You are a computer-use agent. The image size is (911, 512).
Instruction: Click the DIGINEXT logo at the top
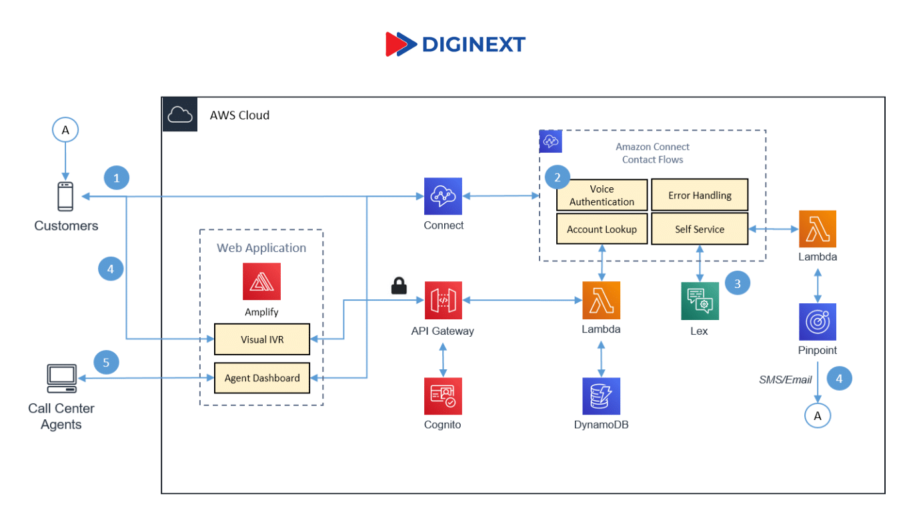pyautogui.click(x=455, y=44)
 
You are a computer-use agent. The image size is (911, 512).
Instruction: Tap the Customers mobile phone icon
pyautogui.click(x=65, y=197)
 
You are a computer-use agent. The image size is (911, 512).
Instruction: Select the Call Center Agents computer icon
pyautogui.click(x=61, y=378)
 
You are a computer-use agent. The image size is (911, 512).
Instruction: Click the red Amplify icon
pyautogui.click(x=261, y=281)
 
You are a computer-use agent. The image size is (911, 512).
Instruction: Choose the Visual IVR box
pyautogui.click(x=262, y=339)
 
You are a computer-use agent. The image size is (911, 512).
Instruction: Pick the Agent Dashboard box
pyautogui.click(x=262, y=378)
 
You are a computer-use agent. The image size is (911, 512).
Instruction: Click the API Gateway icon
pyautogui.click(x=443, y=300)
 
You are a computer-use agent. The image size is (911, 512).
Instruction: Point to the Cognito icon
pyautogui.click(x=443, y=396)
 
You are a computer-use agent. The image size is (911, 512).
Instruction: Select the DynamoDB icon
pyautogui.click(x=601, y=396)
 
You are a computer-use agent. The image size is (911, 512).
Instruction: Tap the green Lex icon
pyautogui.click(x=700, y=301)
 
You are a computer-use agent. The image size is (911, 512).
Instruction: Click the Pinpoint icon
pyautogui.click(x=818, y=322)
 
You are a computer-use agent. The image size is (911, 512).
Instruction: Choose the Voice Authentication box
pyautogui.click(x=602, y=195)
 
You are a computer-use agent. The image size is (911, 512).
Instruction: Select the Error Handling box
pyautogui.click(x=700, y=195)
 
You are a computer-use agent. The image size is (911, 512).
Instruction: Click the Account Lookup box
pyautogui.click(x=602, y=229)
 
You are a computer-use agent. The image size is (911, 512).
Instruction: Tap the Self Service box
pyautogui.click(x=700, y=229)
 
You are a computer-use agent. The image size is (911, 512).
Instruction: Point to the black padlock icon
pyautogui.click(x=399, y=285)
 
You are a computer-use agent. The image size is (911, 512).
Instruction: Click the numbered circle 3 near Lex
pyautogui.click(x=738, y=283)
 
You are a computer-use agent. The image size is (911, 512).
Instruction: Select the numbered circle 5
pyautogui.click(x=106, y=363)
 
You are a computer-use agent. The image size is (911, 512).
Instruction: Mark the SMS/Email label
pyautogui.click(x=786, y=379)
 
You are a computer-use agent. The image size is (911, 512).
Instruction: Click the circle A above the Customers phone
pyautogui.click(x=65, y=130)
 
